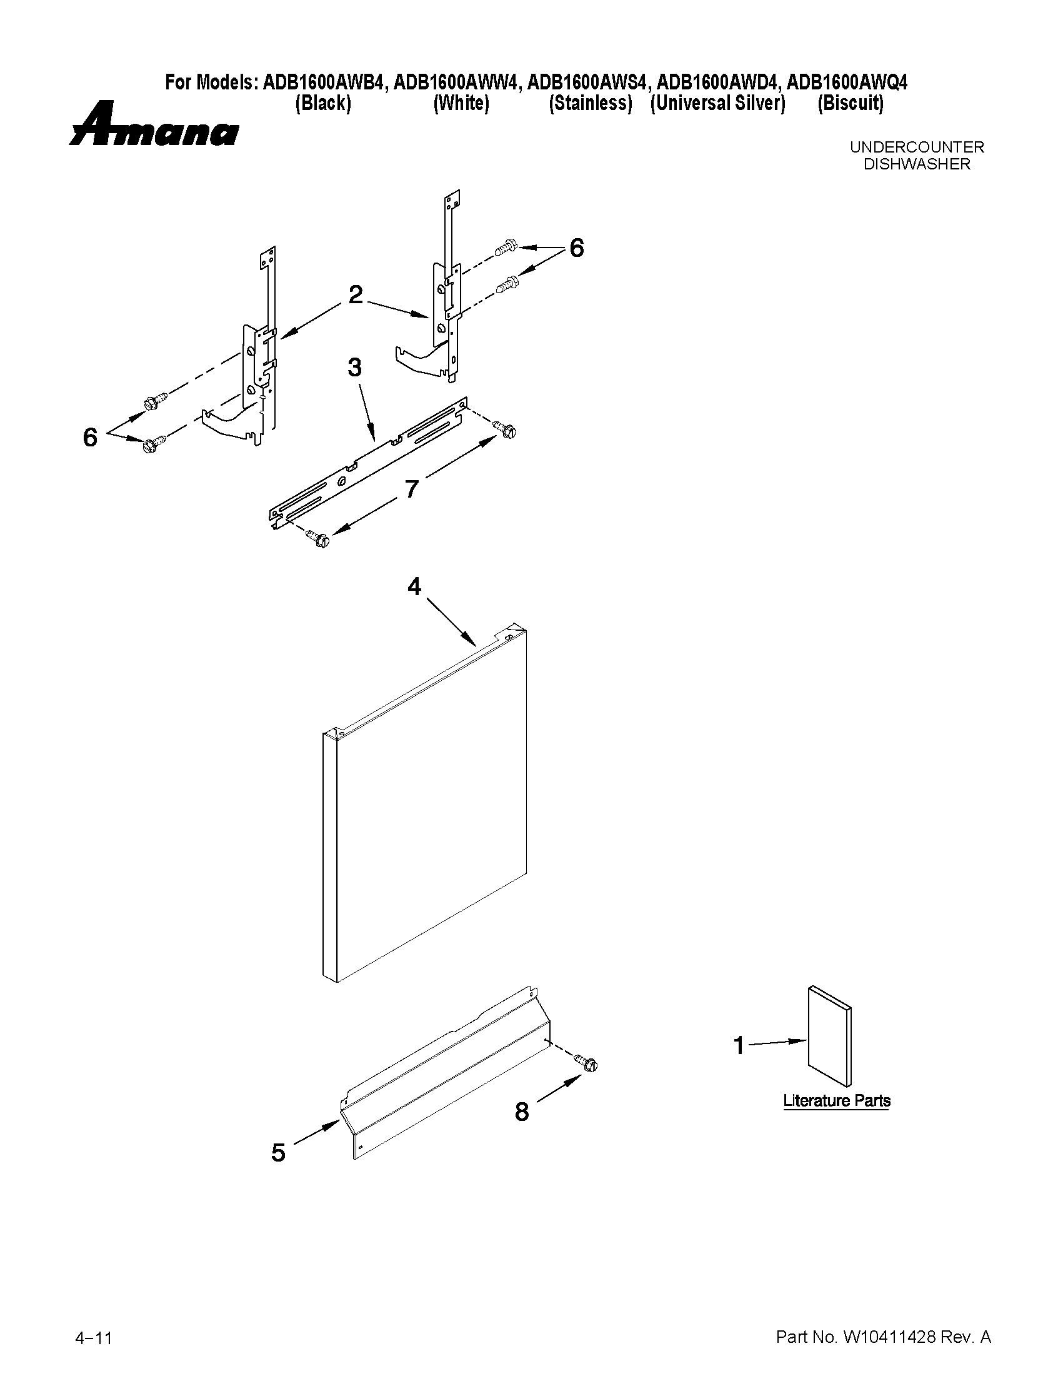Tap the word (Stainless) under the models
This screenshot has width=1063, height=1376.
pos(590,103)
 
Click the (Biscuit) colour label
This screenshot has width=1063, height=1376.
pos(850,103)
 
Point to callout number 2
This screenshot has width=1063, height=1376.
pos(356,294)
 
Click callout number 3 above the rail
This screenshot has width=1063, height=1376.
pos(355,367)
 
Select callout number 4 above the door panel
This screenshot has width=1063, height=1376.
pos(414,586)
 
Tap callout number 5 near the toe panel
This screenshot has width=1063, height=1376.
pos(278,1153)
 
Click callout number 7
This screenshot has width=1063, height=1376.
pos(411,489)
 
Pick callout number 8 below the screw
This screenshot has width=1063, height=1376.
pos(522,1112)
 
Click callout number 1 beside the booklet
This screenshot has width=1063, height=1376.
pos(739,1046)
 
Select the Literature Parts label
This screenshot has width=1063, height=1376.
pos(836,1101)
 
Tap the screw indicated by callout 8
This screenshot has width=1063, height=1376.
pos(587,1063)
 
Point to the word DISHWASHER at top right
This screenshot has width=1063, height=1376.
pos(916,165)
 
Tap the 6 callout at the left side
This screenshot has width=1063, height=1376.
pos(91,437)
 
